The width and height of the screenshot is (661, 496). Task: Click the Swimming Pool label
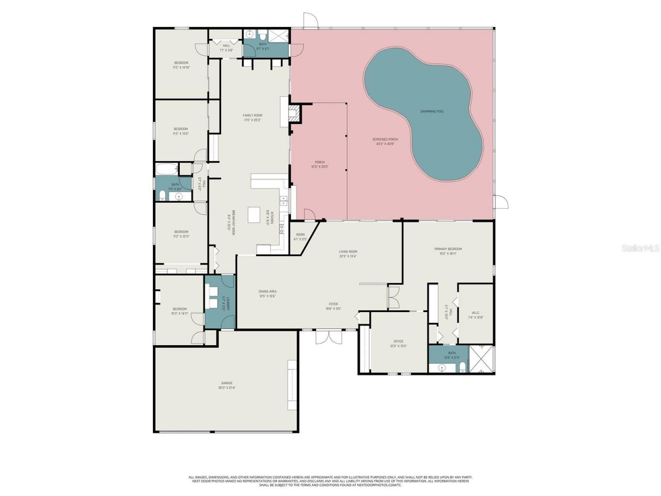click(x=432, y=112)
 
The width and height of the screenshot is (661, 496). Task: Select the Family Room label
click(x=253, y=115)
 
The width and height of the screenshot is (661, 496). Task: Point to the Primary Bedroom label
click(x=448, y=249)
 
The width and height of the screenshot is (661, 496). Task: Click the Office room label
click(x=398, y=342)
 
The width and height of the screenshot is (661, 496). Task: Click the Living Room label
click(x=348, y=252)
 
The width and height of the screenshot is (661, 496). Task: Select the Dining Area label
click(x=267, y=291)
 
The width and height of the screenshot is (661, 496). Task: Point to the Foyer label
click(x=333, y=304)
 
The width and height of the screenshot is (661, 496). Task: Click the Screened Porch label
click(x=385, y=139)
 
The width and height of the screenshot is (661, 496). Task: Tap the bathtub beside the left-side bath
click(x=166, y=168)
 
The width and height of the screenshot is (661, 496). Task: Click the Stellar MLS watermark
click(x=640, y=248)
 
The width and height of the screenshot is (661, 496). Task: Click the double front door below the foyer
click(x=328, y=336)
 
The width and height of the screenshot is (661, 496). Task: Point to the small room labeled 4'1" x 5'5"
click(x=300, y=237)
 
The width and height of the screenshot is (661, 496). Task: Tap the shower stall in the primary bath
click(x=481, y=360)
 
